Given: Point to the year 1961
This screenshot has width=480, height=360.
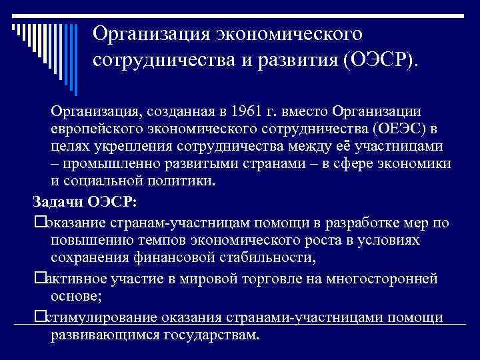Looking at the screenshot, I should point(248,109).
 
